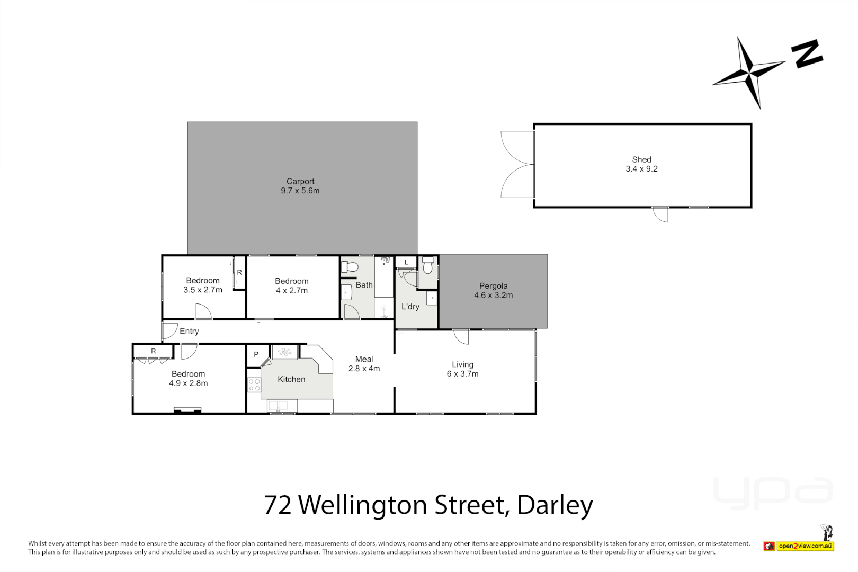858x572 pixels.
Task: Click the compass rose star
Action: pyautogui.click(x=749, y=71)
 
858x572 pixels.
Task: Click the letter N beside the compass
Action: pyautogui.click(x=807, y=53)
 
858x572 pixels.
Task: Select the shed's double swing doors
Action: pyautogui.click(x=517, y=164)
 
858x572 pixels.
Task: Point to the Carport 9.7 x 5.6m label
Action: pyautogui.click(x=300, y=186)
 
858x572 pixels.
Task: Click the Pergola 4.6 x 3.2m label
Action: pyautogui.click(x=493, y=291)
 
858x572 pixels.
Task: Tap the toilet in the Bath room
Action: pyautogui.click(x=350, y=267)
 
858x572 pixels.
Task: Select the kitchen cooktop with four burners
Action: pyautogui.click(x=254, y=385)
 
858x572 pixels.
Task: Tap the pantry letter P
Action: pyautogui.click(x=256, y=354)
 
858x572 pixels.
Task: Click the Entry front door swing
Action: pyautogui.click(x=169, y=331)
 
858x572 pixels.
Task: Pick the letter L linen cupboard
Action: pyautogui.click(x=406, y=262)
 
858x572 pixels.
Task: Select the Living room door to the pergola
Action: pyautogui.click(x=461, y=337)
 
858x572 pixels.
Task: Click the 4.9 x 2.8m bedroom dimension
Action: pyautogui.click(x=189, y=383)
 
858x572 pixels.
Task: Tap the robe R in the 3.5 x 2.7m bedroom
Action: pyautogui.click(x=239, y=272)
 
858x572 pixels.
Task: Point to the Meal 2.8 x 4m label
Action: pyautogui.click(x=364, y=364)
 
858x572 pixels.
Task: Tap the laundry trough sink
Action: pyautogui.click(x=432, y=299)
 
